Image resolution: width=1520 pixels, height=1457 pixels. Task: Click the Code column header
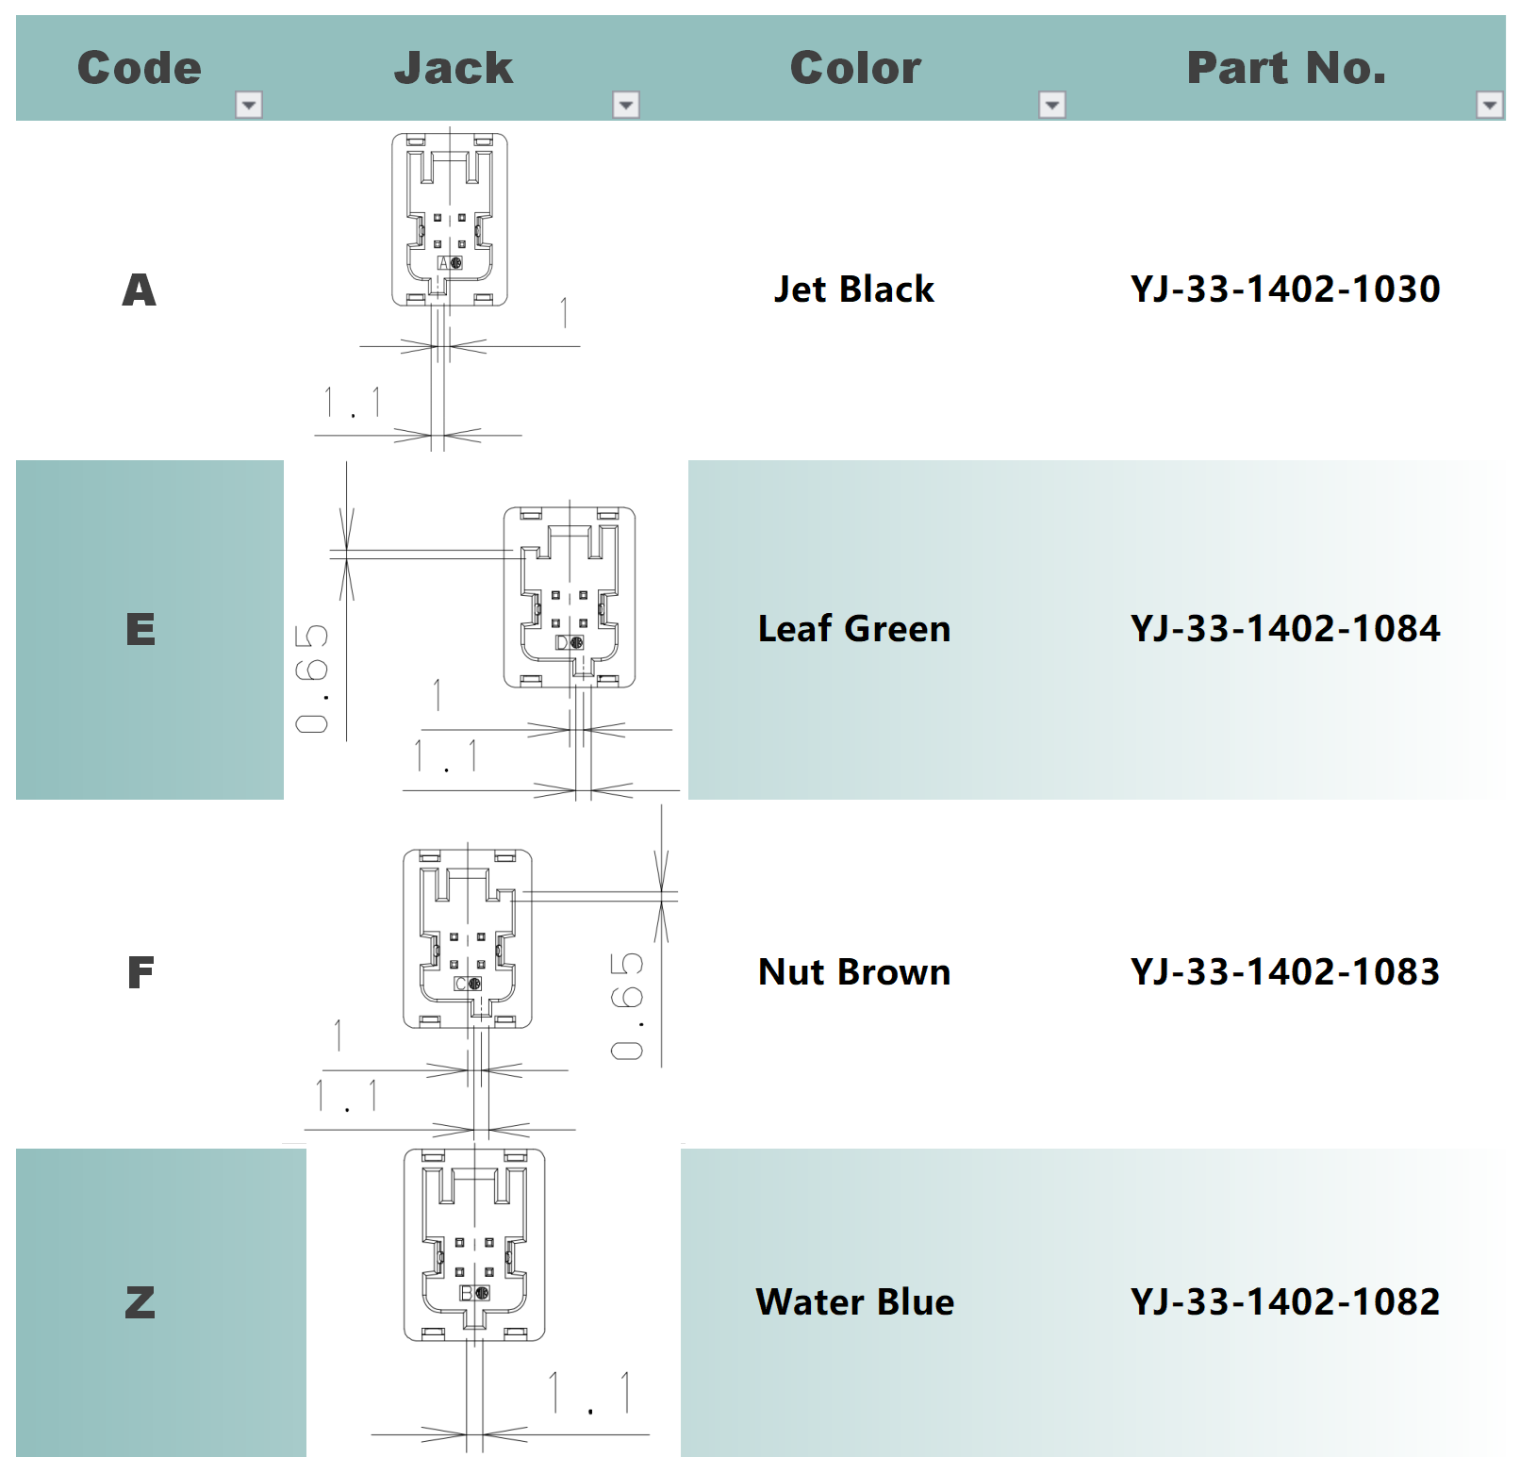(140, 68)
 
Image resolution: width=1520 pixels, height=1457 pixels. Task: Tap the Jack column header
(454, 68)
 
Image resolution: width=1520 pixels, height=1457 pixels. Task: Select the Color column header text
(855, 68)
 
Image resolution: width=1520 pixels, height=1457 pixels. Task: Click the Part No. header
(1286, 68)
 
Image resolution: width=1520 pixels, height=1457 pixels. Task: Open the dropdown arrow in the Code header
(249, 105)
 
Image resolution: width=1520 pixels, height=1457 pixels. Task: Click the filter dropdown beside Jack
(626, 105)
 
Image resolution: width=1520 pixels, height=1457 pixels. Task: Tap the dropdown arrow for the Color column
(1052, 105)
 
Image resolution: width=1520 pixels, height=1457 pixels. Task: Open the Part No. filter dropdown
(1490, 105)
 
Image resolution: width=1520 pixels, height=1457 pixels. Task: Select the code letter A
(140, 290)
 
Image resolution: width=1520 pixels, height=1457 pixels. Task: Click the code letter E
(140, 629)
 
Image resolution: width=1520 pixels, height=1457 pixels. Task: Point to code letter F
(140, 972)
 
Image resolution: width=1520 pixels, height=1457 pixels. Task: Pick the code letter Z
(140, 1302)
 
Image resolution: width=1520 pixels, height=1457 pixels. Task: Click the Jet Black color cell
(854, 290)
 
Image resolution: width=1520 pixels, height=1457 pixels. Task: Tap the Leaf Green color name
(854, 629)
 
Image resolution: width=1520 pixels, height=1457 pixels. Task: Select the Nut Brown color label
(854, 972)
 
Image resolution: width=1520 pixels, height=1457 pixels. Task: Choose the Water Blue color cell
(855, 1302)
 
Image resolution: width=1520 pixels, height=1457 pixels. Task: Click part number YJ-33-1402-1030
(1285, 290)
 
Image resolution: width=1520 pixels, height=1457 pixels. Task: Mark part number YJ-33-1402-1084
(1285, 629)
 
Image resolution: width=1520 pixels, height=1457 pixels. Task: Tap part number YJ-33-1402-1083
(1285, 972)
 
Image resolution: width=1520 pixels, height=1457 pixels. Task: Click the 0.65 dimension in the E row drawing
(312, 678)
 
